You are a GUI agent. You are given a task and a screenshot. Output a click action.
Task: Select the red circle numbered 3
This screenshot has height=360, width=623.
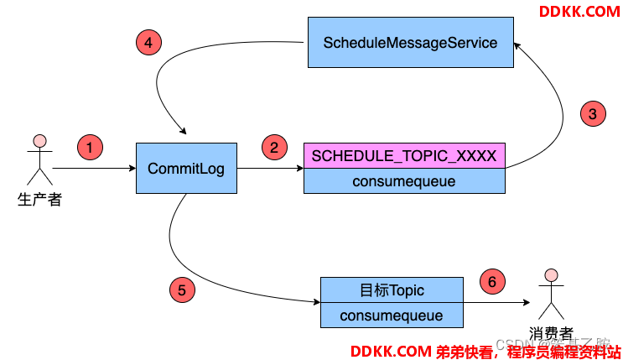coord(592,113)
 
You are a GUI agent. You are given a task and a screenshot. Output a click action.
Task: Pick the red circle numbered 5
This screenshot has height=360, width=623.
coord(181,290)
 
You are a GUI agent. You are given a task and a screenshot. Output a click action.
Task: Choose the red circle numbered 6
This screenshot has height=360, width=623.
coord(492,283)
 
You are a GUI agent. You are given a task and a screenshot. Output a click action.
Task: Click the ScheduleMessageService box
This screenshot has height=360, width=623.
coord(410,43)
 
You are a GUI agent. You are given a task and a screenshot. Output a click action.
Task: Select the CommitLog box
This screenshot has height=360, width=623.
coord(185,168)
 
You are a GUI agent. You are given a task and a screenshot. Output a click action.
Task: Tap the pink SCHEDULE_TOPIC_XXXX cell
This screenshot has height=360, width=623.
coord(404,155)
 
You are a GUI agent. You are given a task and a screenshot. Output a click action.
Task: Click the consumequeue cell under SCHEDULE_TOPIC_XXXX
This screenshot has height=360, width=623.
coord(404,180)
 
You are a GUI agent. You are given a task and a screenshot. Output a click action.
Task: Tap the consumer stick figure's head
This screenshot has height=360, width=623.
coord(551,275)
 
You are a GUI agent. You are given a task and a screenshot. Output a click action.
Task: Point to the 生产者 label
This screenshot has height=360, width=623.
coord(39,200)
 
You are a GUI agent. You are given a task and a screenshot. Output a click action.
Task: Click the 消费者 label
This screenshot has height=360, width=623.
coord(551,333)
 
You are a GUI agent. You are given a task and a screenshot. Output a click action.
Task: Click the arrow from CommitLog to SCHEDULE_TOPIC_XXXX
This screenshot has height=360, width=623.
coord(269,169)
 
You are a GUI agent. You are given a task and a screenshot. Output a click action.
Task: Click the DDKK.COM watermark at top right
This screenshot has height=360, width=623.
coord(579,11)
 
